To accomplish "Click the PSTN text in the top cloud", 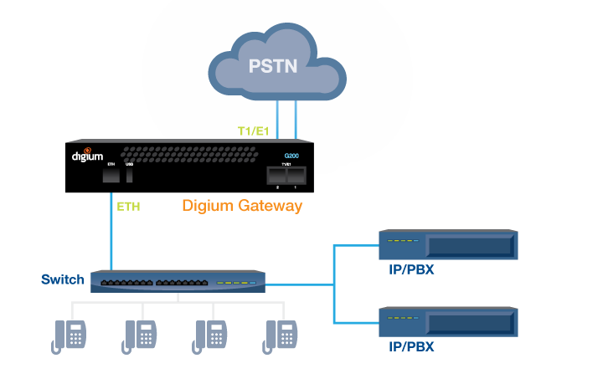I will tap(273, 66).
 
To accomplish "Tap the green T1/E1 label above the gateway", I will tap(253, 131).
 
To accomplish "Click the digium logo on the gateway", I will tap(86, 155).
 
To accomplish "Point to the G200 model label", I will tap(291, 156).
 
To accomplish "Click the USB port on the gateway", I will tap(130, 175).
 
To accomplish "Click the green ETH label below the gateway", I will tap(127, 206).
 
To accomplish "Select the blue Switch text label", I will tap(63, 279).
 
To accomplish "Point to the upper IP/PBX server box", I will tap(448, 245).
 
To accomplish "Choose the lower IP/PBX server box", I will tap(448, 322).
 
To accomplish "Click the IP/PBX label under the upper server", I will tap(411, 269).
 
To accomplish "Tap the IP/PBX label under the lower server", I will tap(411, 346).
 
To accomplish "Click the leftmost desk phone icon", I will tap(70, 336).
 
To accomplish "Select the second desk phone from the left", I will tap(141, 336).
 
